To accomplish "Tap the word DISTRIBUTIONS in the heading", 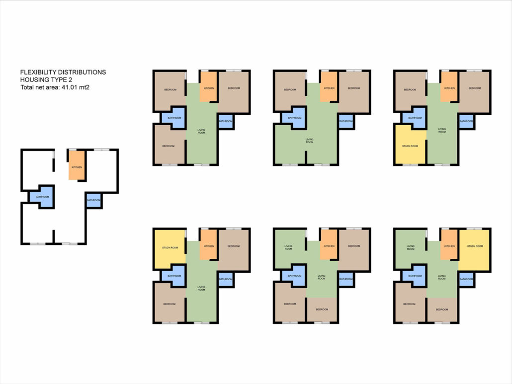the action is pos(84,72).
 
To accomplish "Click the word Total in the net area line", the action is pos(27,87).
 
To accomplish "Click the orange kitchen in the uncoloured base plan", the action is pos(77,165).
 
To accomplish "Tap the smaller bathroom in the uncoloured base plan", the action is pos(94,200).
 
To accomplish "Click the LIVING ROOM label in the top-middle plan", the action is pos(309,141).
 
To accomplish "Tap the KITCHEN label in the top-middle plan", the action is pos(329,88).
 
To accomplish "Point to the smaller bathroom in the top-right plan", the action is pos(466,121).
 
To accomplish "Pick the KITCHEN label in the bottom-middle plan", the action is pos(329,246).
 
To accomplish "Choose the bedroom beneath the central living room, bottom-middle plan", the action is pos(322,309).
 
